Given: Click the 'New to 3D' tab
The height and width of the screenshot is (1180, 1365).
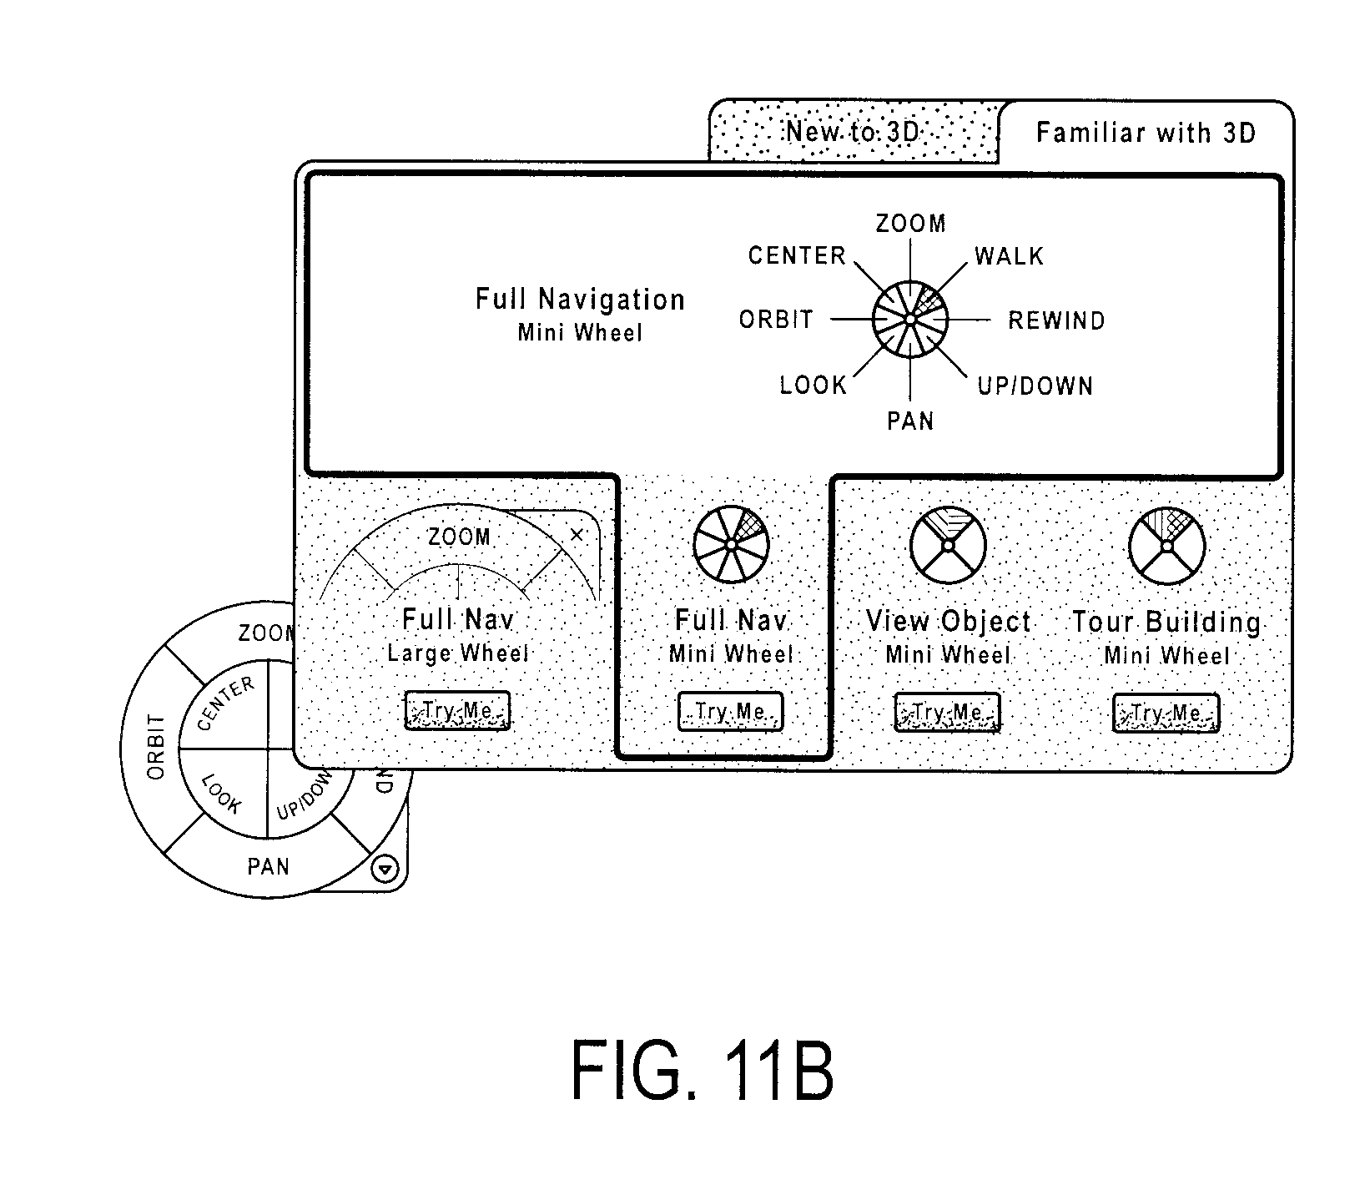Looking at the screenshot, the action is coord(853,132).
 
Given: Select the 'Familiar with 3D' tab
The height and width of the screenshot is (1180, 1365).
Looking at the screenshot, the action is coord(1146,133).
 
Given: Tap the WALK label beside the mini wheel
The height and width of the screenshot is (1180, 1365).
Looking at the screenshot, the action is coord(1010,255).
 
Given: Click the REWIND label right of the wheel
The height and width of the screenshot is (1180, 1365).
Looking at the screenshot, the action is coord(1056,320).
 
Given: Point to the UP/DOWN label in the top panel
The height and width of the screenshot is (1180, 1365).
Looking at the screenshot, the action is coord(1035,386).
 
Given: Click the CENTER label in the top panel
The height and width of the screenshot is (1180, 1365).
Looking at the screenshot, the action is coord(797,255).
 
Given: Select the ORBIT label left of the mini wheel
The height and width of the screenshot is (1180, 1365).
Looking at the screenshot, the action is coord(776,320).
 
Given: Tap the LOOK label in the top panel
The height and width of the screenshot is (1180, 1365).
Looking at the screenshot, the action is coord(813,386).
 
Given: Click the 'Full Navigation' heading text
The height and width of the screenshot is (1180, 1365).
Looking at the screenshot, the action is coord(580,299).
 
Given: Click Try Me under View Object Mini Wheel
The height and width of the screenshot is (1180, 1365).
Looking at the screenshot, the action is coord(947,713).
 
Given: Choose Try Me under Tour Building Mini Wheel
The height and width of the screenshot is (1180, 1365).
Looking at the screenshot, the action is coord(1166,714).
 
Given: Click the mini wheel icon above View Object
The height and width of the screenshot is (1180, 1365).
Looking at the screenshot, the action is coord(948,545).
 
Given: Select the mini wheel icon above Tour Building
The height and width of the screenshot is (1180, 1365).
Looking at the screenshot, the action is coord(1166,546).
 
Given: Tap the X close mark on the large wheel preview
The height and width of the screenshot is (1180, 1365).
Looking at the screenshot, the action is coord(576,535).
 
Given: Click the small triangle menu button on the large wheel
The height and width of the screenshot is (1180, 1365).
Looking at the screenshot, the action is coord(384,870).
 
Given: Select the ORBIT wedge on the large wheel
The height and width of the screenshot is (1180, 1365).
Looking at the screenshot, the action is coord(156,747).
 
